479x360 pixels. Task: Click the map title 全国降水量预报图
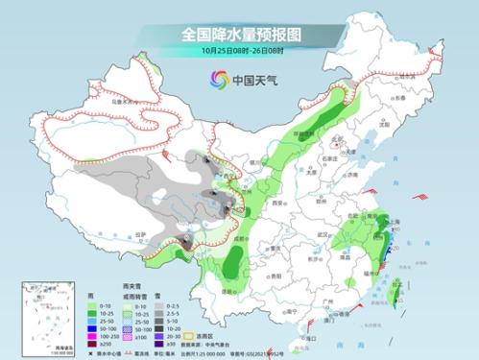click(239, 33)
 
